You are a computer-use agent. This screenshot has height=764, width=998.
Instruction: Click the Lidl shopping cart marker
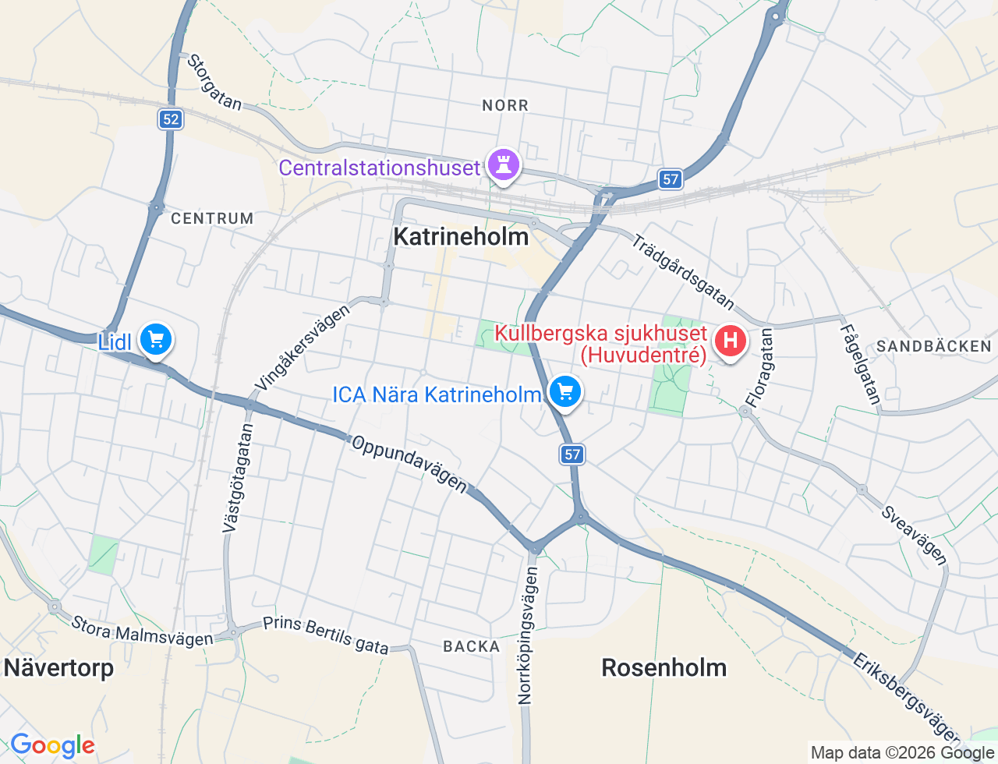pos(156,340)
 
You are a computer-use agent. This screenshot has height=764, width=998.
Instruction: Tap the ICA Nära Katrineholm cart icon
pos(565,391)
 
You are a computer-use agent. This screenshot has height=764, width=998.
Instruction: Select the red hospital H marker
pos(730,341)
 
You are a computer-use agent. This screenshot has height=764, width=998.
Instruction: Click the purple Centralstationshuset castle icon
pos(503,164)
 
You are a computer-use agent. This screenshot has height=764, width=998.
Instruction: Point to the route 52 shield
pos(171,119)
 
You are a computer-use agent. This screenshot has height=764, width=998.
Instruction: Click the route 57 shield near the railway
pos(670,179)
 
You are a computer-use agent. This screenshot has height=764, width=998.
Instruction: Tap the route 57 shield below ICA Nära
pos(572,454)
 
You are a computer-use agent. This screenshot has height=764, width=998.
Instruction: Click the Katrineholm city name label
pos(461,237)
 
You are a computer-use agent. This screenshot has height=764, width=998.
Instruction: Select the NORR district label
pos(505,105)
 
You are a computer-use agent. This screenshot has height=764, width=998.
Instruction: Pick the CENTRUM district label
pos(212,219)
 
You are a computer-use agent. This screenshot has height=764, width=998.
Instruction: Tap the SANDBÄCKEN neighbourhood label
pos(933,346)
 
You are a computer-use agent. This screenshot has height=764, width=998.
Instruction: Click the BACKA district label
pos(472,646)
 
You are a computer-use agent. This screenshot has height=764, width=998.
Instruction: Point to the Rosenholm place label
pos(664,668)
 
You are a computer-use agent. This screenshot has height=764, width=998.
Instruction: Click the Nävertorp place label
pos(59,668)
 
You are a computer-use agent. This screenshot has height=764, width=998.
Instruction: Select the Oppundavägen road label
pos(409,464)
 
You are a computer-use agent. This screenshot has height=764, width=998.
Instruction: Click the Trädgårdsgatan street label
pos(682,271)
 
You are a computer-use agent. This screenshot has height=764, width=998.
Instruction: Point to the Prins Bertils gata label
pos(325,635)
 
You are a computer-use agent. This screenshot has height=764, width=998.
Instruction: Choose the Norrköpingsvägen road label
pos(528,635)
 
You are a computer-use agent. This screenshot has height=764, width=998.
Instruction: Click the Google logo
pos(53,746)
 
